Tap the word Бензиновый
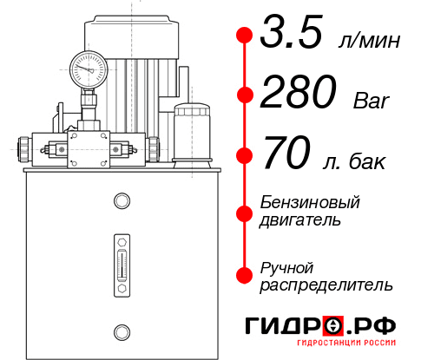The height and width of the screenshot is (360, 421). pos(310,202)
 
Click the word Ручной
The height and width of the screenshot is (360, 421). pos(286,266)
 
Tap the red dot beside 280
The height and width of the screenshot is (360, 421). pos(244,95)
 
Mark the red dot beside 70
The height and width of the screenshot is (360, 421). pos(244,156)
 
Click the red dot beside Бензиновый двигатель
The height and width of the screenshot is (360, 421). pos(244,211)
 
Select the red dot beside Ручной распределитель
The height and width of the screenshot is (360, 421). pos(244,275)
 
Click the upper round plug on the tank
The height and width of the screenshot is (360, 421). pos(121,201)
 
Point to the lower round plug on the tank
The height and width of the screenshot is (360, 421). pos(121,331)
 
